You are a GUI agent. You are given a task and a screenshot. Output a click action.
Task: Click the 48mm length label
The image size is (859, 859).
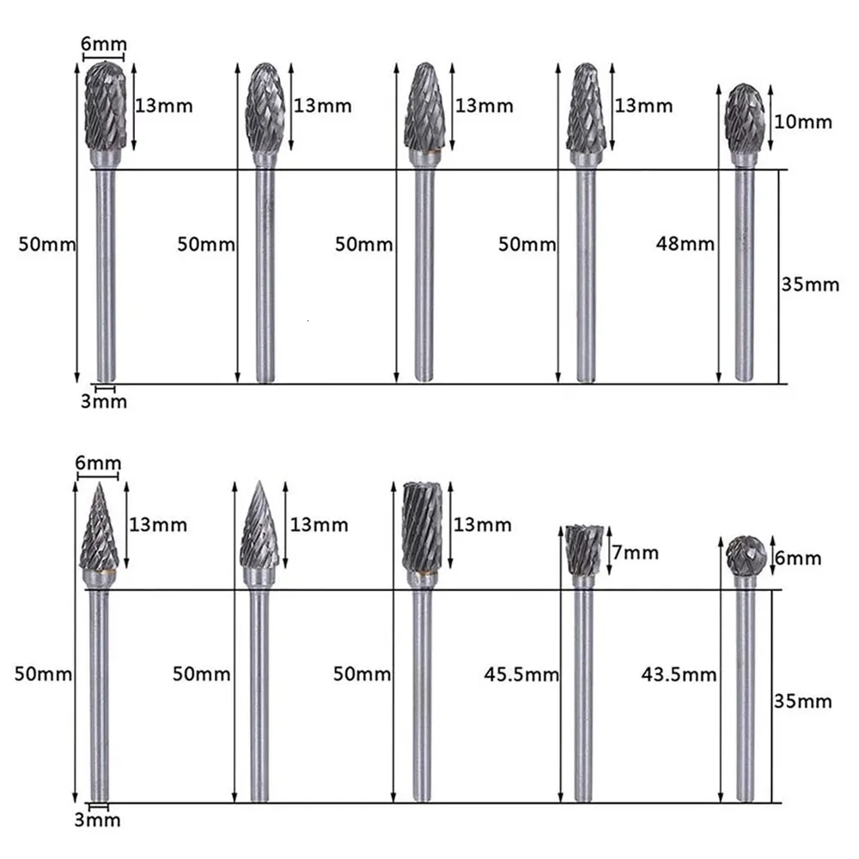684,244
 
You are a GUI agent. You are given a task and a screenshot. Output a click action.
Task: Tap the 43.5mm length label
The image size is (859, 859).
679,674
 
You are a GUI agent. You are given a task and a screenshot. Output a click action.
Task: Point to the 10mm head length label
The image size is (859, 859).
803,122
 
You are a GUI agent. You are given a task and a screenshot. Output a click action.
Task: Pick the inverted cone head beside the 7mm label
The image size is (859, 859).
583,550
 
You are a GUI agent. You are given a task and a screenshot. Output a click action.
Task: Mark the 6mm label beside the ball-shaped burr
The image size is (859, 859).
799,558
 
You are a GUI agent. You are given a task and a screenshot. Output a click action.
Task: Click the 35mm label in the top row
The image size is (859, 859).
810,283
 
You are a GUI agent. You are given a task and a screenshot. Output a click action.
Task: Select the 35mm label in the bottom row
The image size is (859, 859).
803,702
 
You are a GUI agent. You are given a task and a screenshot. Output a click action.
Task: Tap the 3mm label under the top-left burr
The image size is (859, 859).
103,401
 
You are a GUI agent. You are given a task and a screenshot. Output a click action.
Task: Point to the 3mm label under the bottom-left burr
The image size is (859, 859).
97,819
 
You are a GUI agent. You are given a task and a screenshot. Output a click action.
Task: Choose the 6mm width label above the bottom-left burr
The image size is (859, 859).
97,464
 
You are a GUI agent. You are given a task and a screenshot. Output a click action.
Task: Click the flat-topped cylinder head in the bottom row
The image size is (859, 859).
422,526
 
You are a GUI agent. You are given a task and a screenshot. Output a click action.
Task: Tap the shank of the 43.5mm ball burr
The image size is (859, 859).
746,696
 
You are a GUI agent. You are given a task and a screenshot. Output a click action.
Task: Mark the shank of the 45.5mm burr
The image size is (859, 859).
583,696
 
